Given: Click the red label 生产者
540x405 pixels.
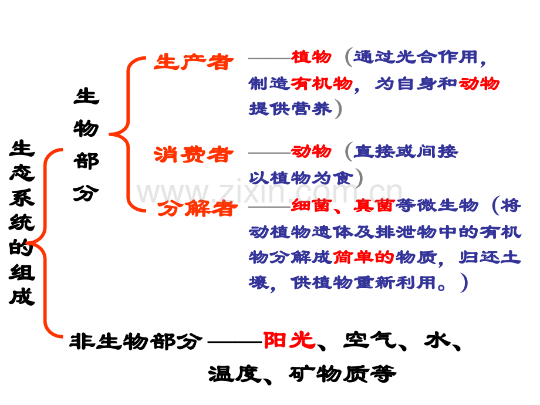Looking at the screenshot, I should click(193, 62).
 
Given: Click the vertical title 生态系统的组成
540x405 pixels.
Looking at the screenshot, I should click(22, 222).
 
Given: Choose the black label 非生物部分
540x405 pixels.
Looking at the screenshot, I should click(136, 340).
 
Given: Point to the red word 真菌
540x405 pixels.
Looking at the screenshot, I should click(373, 205).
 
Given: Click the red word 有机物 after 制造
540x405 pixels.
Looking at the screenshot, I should click(322, 83).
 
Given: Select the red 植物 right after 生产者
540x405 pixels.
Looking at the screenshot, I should click(311, 57).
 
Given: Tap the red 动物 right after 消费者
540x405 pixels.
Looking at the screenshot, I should click(311, 151).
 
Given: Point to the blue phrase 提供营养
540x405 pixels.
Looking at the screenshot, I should click(290, 109).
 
